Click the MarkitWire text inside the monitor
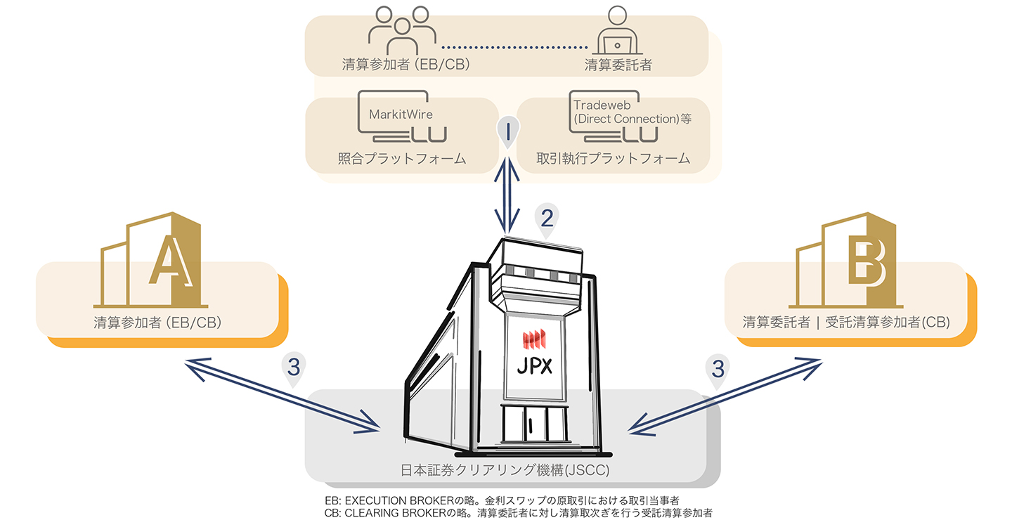pyautogui.click(x=401, y=115)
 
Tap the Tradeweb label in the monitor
pyautogui.click(x=602, y=105)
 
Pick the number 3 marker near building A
pyautogui.click(x=294, y=369)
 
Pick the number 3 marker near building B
pyautogui.click(x=718, y=370)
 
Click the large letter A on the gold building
pyautogui.click(x=171, y=261)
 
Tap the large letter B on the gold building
pyautogui.click(x=867, y=264)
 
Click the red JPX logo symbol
pyautogui.click(x=534, y=339)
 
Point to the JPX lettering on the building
pyautogui.click(x=534, y=365)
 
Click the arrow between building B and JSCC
pyautogui.click(x=725, y=396)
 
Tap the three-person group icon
pyautogui.click(x=402, y=31)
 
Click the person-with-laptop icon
pyautogui.click(x=617, y=31)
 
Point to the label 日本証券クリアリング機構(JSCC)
pyautogui.click(x=505, y=470)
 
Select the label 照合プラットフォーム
pyautogui.click(x=402, y=159)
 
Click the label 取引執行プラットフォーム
pyautogui.click(x=613, y=159)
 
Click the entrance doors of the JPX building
pyautogui.click(x=534, y=424)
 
